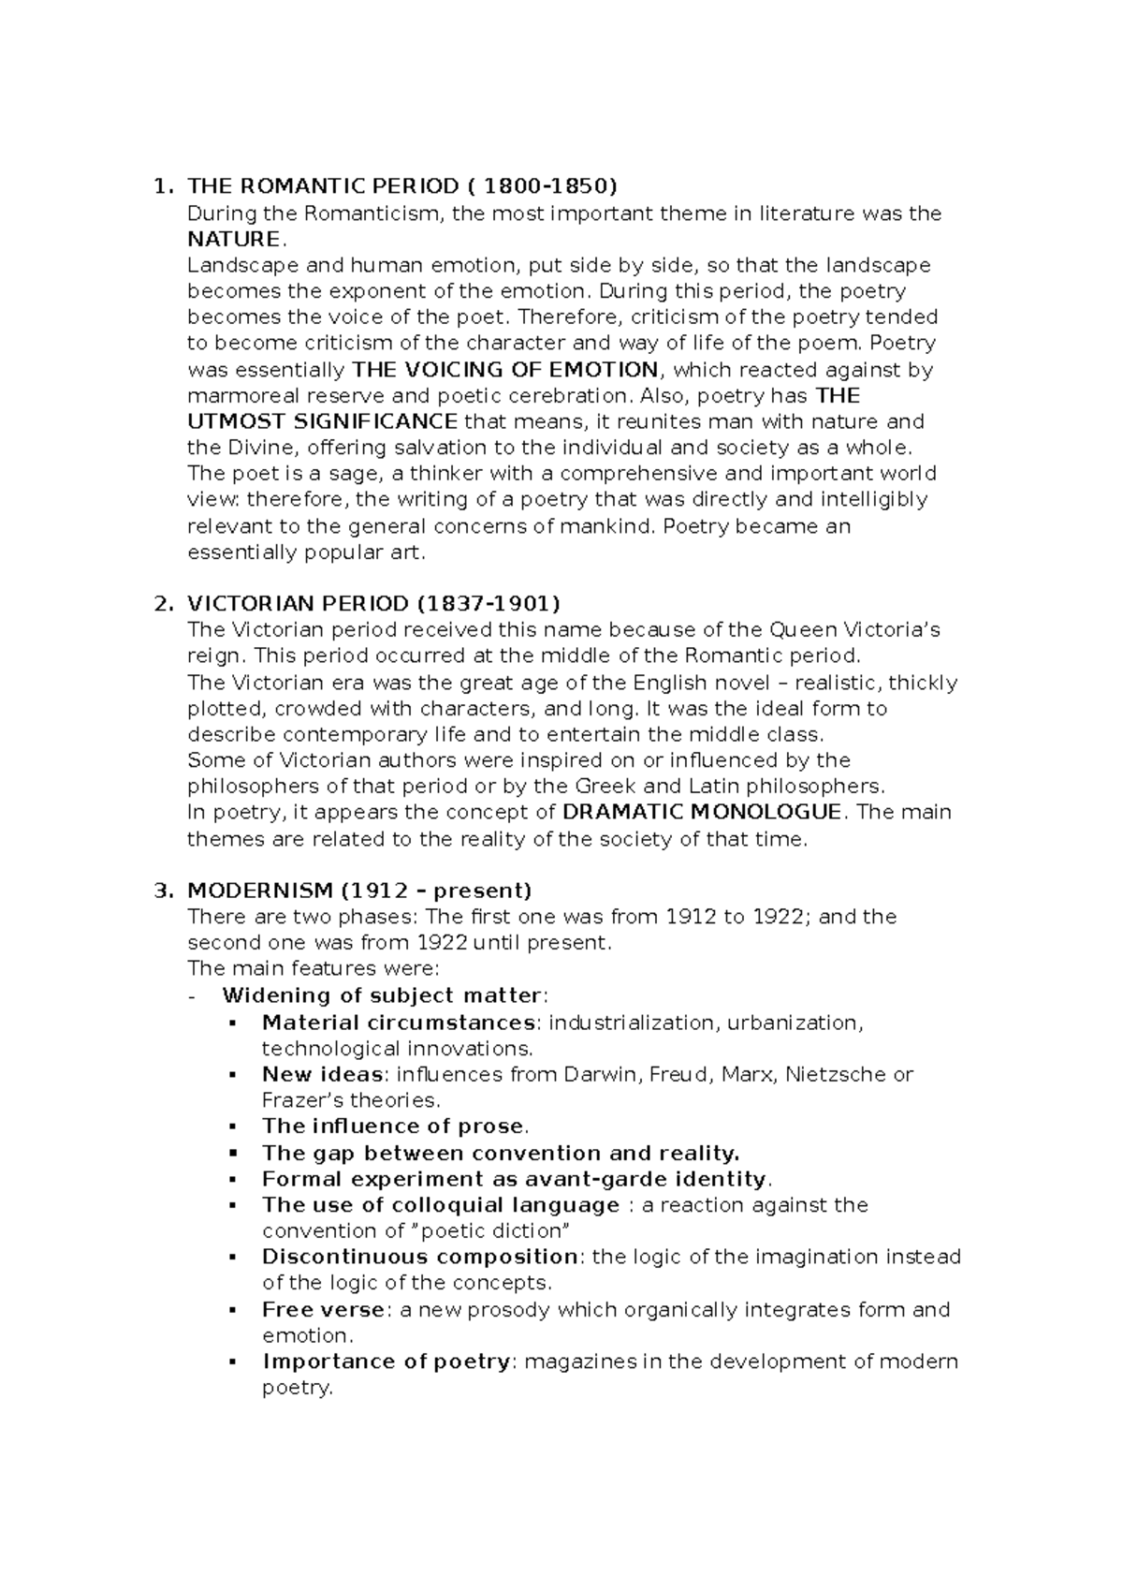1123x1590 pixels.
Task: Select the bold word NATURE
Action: pyautogui.click(x=233, y=239)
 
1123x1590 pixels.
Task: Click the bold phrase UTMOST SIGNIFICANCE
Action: pyautogui.click(x=323, y=421)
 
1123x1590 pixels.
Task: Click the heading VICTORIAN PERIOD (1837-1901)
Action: pyautogui.click(x=373, y=603)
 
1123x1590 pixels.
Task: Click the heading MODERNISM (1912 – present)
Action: pyautogui.click(x=359, y=890)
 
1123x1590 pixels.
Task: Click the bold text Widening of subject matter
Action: pyautogui.click(x=382, y=995)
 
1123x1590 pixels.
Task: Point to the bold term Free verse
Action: pyautogui.click(x=323, y=1309)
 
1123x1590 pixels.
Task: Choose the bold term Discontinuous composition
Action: pyautogui.click(x=420, y=1257)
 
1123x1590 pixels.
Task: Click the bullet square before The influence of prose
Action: pyautogui.click(x=233, y=1126)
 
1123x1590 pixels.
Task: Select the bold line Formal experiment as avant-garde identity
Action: pyautogui.click(x=514, y=1179)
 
